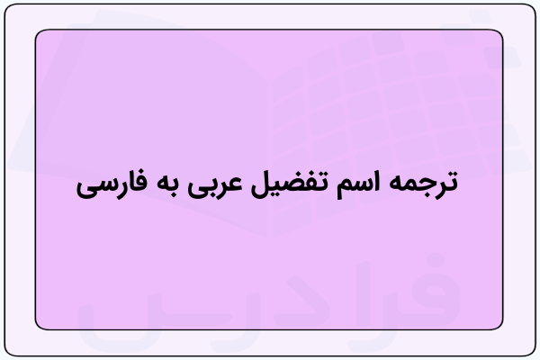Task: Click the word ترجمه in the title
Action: point(425,185)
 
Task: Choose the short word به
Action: point(167,185)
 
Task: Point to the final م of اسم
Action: point(344,189)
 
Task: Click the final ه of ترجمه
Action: point(396,185)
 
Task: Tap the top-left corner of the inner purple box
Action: point(35,30)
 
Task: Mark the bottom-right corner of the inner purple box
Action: point(503,329)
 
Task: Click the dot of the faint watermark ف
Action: point(436,261)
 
